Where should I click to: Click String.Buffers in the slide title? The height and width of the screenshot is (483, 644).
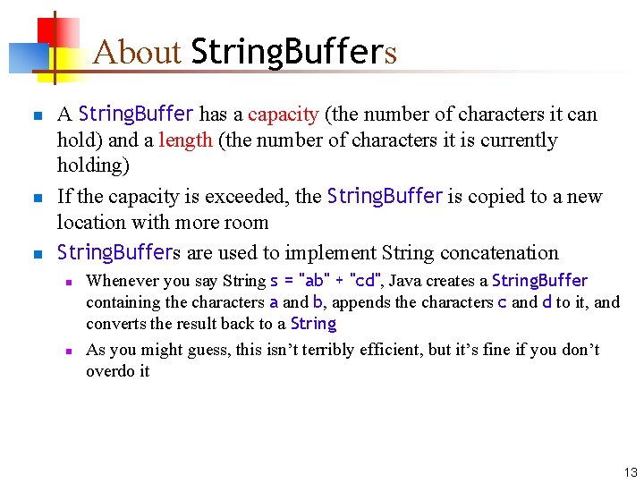(293, 53)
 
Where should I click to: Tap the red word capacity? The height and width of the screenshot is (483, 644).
(283, 114)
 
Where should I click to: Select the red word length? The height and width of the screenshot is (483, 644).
(185, 140)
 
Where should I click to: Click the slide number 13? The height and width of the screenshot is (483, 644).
(631, 472)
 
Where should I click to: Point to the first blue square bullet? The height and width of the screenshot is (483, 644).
(35, 116)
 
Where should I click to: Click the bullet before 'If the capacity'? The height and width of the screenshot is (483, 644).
(35, 198)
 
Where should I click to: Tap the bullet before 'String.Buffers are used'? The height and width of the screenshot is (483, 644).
(35, 255)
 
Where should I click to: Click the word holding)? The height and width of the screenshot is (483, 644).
(93, 165)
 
